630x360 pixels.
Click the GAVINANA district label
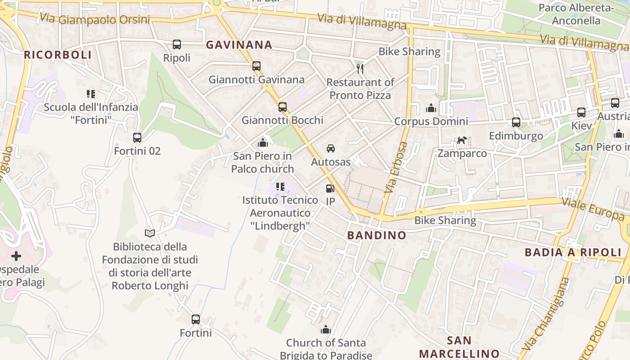pos(239,45)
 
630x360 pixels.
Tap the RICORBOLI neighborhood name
pos(58,55)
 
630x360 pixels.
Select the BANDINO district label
pos(377,235)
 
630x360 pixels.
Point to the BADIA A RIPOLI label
pos(573,252)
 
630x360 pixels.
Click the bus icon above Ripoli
pos(177,45)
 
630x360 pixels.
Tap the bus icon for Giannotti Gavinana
pos(256,66)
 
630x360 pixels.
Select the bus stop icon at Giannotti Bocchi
pos(283,107)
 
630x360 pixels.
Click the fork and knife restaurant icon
pos(360,68)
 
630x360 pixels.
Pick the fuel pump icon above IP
pos(330,189)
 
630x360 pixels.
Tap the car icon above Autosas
pos(330,148)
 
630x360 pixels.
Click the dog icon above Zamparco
pos(462,140)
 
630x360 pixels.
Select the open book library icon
pos(150,233)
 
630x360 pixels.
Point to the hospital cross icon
pos(16,256)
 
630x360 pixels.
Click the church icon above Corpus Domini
pos(431,108)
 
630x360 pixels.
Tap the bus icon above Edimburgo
pos(516,122)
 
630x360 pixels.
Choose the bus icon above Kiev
pos(581,112)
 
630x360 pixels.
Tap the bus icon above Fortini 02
pos(137,138)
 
